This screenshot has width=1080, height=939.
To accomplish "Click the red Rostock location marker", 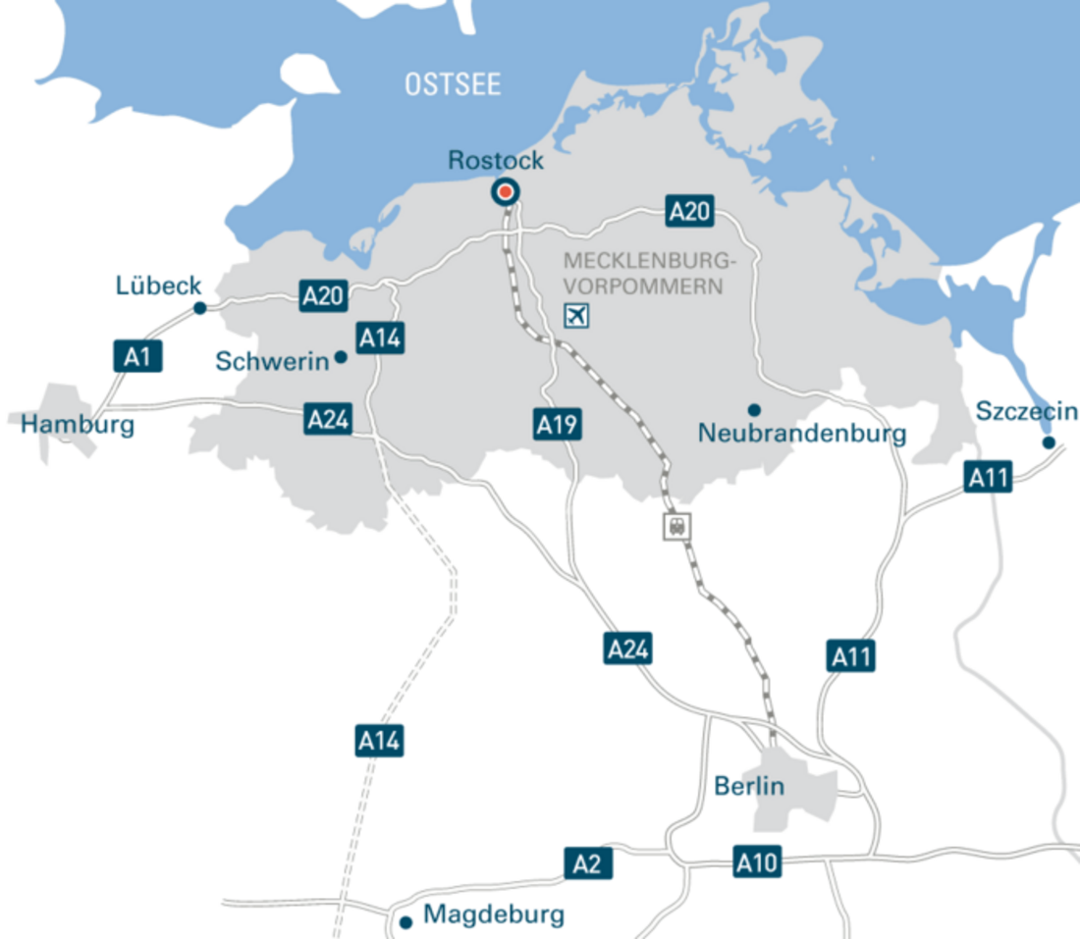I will [x=506, y=192].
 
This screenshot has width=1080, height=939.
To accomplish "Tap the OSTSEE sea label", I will [x=453, y=84].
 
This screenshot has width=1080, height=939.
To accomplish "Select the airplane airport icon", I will [x=576, y=316].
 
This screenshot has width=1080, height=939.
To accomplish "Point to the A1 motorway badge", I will [x=137, y=356].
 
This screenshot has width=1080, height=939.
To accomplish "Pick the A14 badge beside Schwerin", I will [x=379, y=339].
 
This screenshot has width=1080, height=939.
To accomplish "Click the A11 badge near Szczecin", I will [x=988, y=478].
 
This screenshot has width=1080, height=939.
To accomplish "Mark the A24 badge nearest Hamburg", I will [x=327, y=419].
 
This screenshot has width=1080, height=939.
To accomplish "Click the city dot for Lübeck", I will [x=200, y=308].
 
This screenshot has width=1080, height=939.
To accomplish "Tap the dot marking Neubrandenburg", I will [x=754, y=409].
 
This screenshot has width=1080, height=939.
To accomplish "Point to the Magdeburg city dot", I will [x=405, y=922].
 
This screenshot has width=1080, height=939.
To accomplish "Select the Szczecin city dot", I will [x=1049, y=443].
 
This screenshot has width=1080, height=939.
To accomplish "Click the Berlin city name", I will [x=749, y=786].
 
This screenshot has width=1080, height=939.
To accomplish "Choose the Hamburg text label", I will [x=78, y=426].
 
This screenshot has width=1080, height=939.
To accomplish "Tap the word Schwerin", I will [x=272, y=361].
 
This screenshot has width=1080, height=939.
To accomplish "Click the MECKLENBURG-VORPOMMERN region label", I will [x=649, y=275].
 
